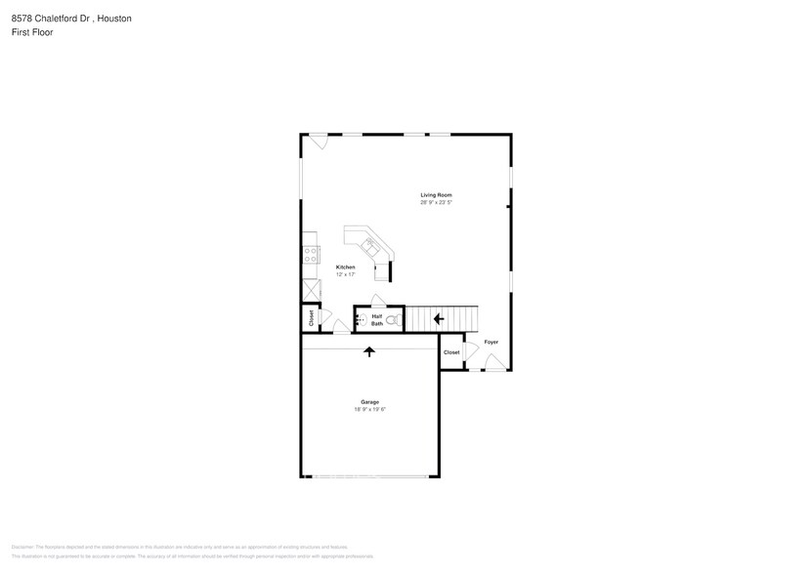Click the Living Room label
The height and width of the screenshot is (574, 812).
click(x=436, y=195)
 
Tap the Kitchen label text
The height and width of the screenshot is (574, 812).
click(x=346, y=266)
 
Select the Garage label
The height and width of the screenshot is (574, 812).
click(x=369, y=401)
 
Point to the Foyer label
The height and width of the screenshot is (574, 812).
click(x=491, y=342)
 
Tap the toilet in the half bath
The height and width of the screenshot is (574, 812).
click(x=392, y=319)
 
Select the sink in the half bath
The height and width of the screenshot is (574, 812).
click(x=359, y=319)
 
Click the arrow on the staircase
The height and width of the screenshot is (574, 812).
click(x=439, y=318)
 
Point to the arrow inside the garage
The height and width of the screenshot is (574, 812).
click(x=369, y=351)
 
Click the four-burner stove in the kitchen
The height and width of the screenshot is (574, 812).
click(x=311, y=255)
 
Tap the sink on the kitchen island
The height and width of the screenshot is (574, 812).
click(x=370, y=244)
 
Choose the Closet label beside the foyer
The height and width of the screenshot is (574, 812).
click(x=451, y=352)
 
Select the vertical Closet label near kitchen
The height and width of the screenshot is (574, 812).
click(x=312, y=318)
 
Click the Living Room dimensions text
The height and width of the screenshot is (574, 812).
click(x=436, y=203)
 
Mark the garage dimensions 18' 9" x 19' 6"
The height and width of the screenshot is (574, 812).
click(x=369, y=409)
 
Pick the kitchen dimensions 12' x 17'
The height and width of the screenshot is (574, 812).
click(x=346, y=274)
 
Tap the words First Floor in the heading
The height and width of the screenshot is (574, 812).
click(x=31, y=31)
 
